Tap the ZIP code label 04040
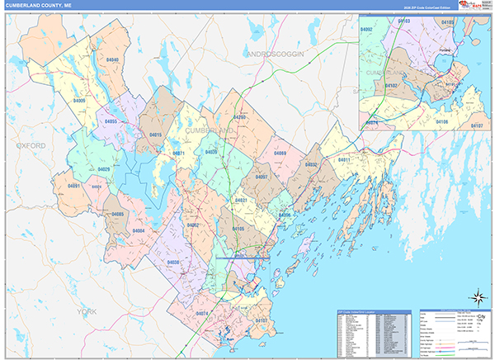[x=112, y=60]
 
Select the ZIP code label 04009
[x=79, y=100]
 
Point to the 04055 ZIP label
[x=111, y=121]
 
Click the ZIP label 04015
[x=155, y=135]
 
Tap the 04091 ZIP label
[x=74, y=186]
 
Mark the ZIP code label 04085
[x=117, y=215]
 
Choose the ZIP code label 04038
[x=174, y=262]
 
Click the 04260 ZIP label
[x=239, y=118]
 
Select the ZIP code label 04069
[x=280, y=154]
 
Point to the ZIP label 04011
[x=343, y=159]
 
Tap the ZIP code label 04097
[x=262, y=177]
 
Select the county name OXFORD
[x=31, y=145]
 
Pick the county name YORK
[x=86, y=311]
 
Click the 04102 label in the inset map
[x=393, y=84]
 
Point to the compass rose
[x=477, y=296]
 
